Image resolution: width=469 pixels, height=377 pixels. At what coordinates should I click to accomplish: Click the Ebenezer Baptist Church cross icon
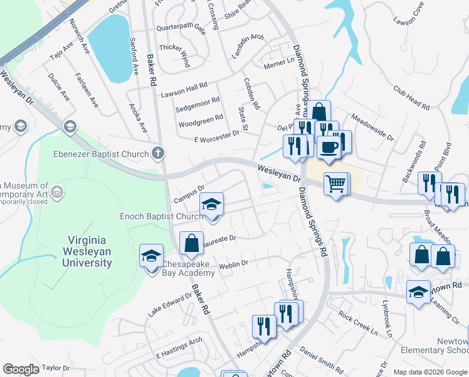tap(158, 153)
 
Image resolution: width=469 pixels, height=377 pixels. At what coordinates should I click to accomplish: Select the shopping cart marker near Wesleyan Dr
tap(335, 183)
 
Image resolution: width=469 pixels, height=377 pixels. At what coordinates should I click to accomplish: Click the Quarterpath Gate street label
tap(181, 28)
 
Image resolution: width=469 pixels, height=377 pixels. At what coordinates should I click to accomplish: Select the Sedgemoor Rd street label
tap(198, 103)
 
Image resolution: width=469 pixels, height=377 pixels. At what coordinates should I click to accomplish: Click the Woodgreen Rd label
tap(201, 118)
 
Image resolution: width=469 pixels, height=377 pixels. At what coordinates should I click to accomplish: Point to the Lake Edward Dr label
tap(168, 305)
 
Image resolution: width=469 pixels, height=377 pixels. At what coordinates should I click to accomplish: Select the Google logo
tap(21, 369)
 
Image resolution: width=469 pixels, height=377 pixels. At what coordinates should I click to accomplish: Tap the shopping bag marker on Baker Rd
tap(191, 243)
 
